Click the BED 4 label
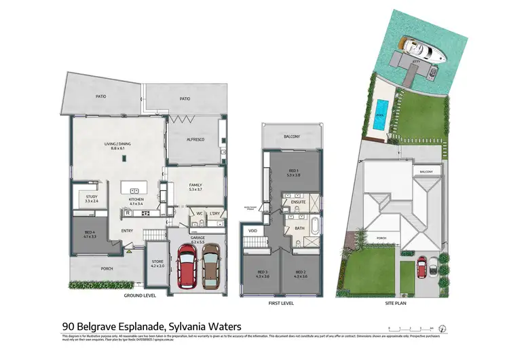[x=90, y=234]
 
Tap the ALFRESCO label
[x=196, y=139]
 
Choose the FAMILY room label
[x=196, y=185]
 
